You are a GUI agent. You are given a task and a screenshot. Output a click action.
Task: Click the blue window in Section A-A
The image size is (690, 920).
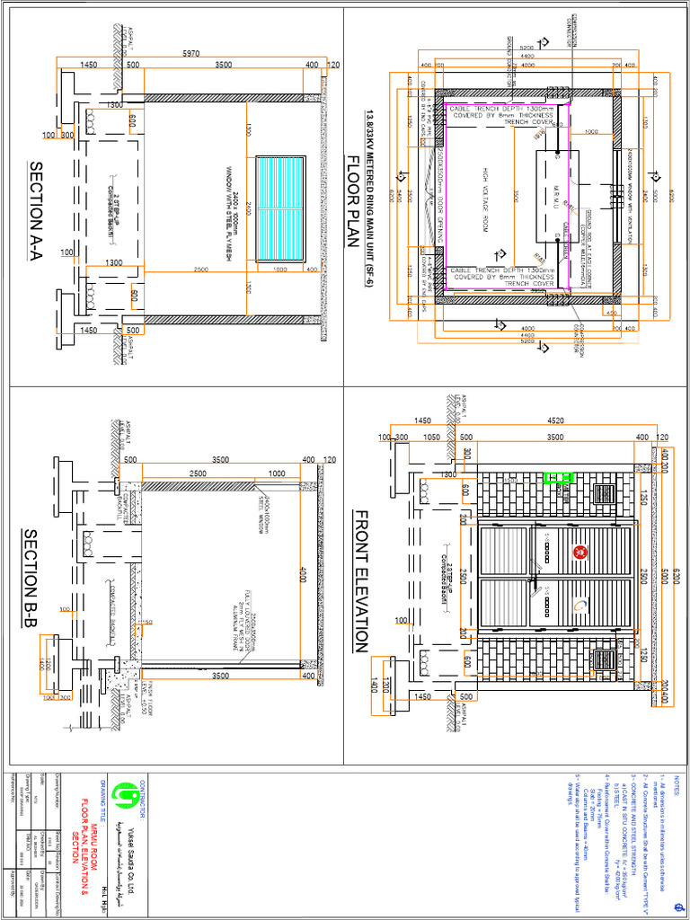(281, 208)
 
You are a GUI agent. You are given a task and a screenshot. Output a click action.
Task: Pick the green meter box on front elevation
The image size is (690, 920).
(562, 479)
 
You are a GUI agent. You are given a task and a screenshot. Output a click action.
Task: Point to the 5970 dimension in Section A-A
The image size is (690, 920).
(190, 54)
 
